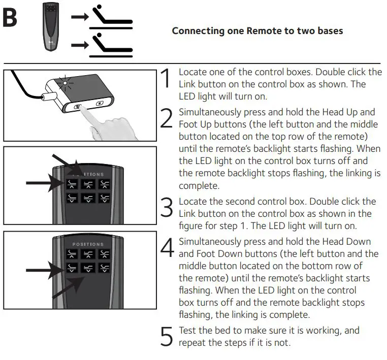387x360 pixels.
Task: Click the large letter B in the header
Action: [10, 19]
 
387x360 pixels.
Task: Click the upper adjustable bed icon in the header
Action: [109, 17]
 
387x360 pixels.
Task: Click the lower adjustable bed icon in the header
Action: [109, 45]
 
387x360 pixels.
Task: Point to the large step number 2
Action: [167, 118]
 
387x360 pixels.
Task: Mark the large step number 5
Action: [167, 337]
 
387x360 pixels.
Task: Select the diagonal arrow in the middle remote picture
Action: [66, 163]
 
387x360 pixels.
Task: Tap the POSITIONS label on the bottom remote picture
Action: [87, 244]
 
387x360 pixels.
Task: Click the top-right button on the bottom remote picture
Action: [104, 254]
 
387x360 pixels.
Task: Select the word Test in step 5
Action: [188, 331]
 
